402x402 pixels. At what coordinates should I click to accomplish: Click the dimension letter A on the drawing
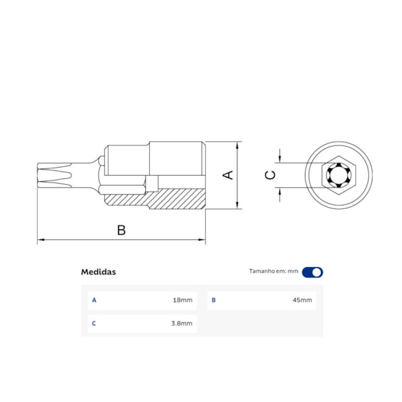(228, 175)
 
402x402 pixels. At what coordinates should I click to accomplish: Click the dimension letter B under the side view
(122, 230)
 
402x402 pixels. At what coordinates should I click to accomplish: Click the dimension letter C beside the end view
(270, 175)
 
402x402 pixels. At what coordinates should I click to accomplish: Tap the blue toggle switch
(312, 272)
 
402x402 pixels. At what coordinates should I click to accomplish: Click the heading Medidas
(98, 272)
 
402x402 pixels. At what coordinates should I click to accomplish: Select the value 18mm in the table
(182, 301)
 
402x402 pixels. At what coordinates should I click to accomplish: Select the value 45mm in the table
(302, 301)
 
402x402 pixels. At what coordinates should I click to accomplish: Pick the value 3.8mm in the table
(181, 323)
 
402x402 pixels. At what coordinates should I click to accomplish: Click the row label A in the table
(94, 301)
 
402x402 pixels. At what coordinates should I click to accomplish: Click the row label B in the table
(213, 301)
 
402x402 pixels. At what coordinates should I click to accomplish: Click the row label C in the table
(94, 323)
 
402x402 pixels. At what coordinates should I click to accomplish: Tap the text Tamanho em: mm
(273, 272)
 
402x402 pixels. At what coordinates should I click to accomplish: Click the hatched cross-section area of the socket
(179, 199)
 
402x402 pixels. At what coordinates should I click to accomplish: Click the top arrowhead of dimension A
(237, 145)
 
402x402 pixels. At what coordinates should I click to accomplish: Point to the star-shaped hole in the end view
(338, 175)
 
